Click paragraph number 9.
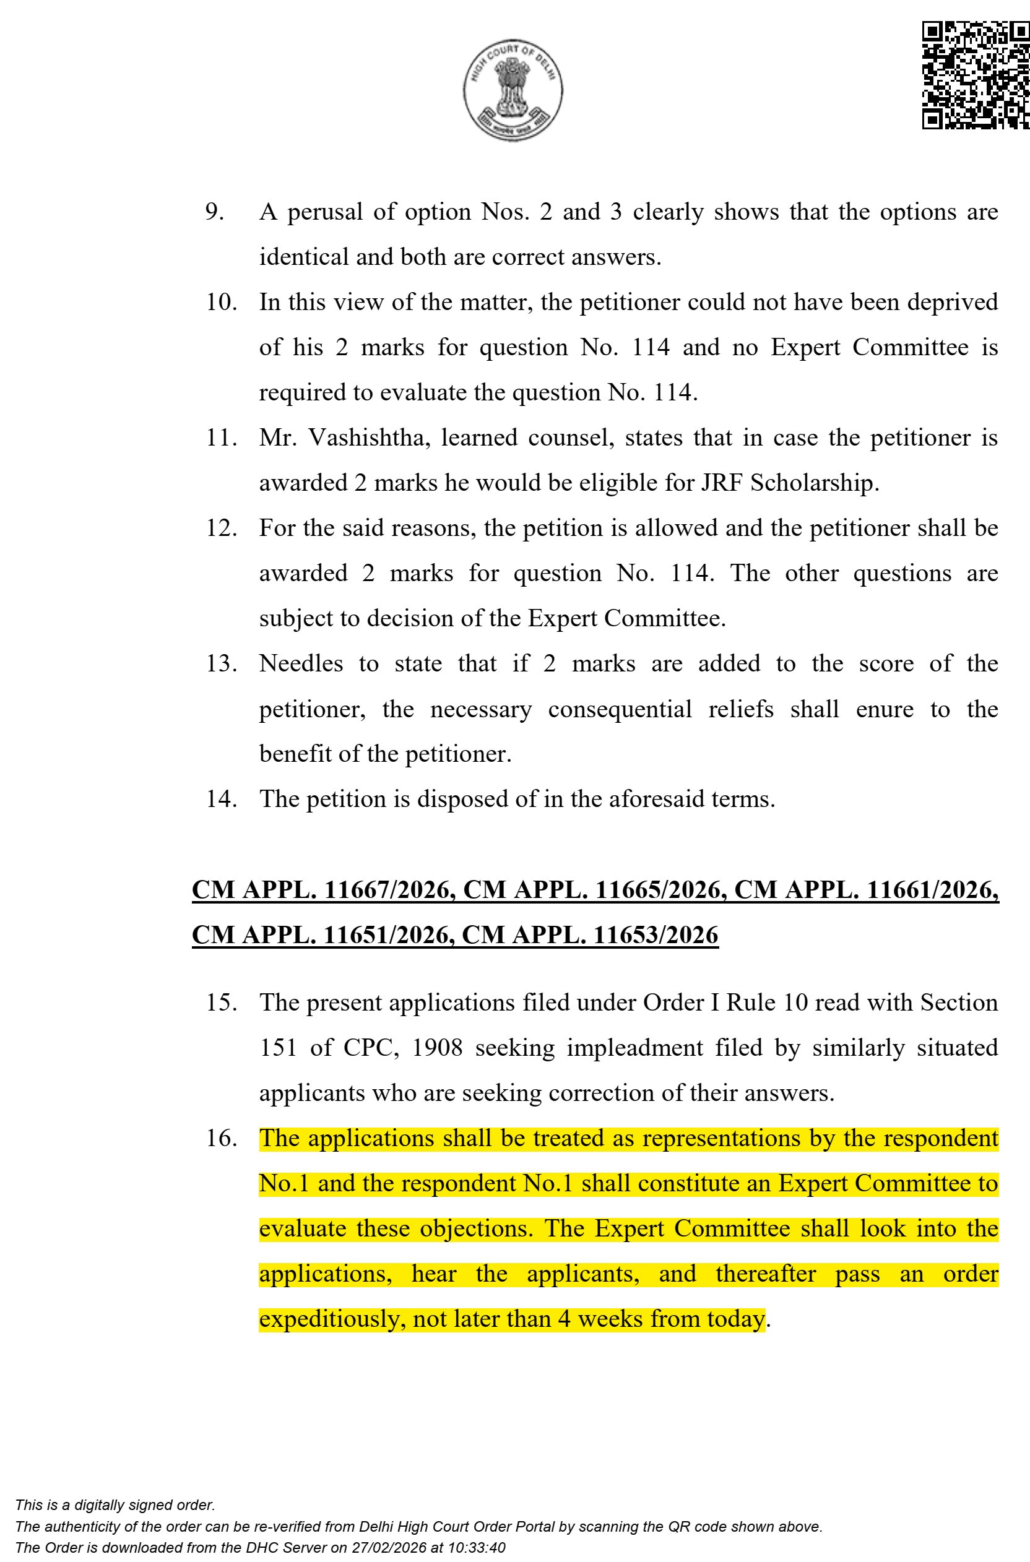click(215, 212)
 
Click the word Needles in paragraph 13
click(301, 664)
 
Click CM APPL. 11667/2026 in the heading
click(322, 890)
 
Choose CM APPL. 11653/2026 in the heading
click(590, 934)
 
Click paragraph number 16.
click(222, 1139)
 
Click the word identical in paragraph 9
click(304, 257)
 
